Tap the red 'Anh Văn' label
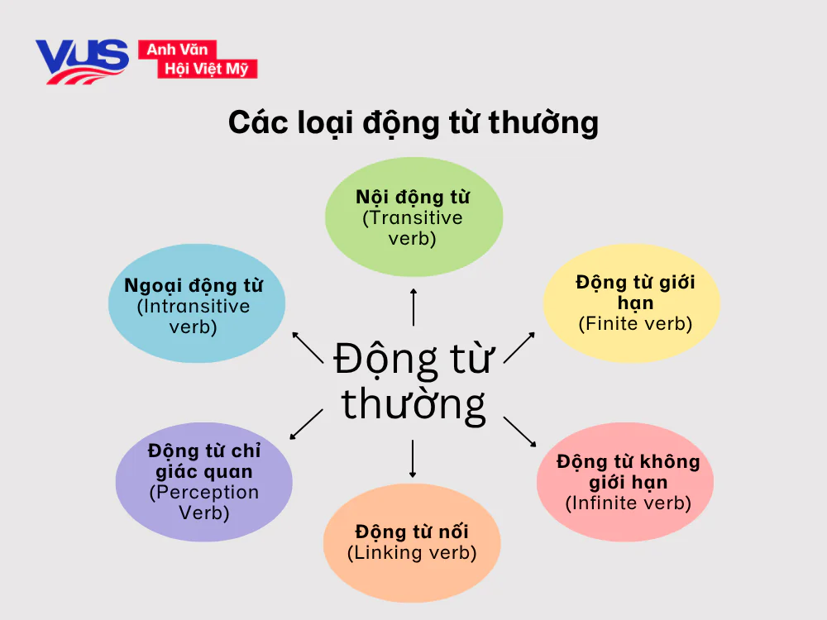[x=176, y=50]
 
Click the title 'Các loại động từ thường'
[x=413, y=122]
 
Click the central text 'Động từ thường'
[x=413, y=383]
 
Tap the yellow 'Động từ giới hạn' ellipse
[x=631, y=303]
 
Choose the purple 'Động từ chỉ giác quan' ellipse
[x=203, y=482]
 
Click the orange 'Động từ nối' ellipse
[x=412, y=542]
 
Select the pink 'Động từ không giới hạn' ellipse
[x=625, y=482]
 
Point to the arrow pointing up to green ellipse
[x=413, y=307]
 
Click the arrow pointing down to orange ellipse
[x=412, y=460]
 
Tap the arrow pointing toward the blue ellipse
[x=307, y=346]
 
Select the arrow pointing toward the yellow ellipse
[x=519, y=347]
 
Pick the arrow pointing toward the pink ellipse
[x=520, y=431]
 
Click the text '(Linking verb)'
[x=412, y=553]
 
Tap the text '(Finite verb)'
[x=635, y=324]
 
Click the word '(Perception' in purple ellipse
[x=204, y=493]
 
